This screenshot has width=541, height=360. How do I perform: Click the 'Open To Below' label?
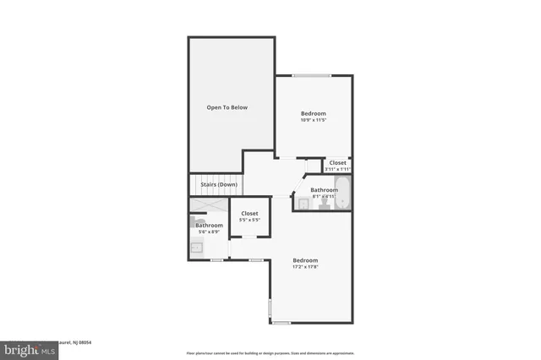(227, 107)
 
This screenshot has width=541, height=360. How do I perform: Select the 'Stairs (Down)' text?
(218, 184)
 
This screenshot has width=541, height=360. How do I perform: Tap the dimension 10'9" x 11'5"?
(313, 120)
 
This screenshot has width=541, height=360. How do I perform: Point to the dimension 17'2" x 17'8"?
(305, 266)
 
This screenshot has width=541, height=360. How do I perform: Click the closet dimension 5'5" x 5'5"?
(249, 221)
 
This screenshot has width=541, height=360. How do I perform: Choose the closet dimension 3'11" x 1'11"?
(337, 168)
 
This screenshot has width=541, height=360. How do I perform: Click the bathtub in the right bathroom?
(344, 194)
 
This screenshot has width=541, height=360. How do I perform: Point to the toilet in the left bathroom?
(194, 218)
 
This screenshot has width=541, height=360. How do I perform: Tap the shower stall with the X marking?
(208, 205)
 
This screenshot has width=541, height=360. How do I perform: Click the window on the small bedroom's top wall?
(312, 75)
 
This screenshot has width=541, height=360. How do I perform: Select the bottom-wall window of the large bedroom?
(281, 323)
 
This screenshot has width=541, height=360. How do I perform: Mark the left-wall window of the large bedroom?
(269, 308)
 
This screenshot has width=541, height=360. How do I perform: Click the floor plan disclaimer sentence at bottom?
(270, 353)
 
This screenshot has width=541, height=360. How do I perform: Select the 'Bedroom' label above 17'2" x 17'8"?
(305, 259)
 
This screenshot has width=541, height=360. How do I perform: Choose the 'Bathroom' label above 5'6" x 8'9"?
(209, 226)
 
